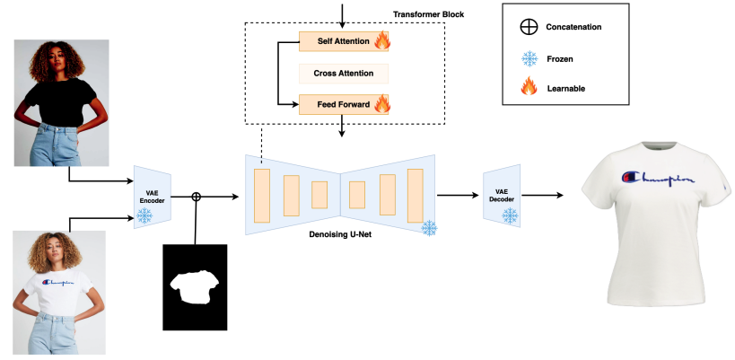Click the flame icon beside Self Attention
[382, 40]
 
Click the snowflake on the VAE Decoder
[510, 215]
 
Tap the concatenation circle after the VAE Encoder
[197, 195]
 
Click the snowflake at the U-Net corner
[429, 228]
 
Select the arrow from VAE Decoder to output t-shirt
[544, 195]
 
